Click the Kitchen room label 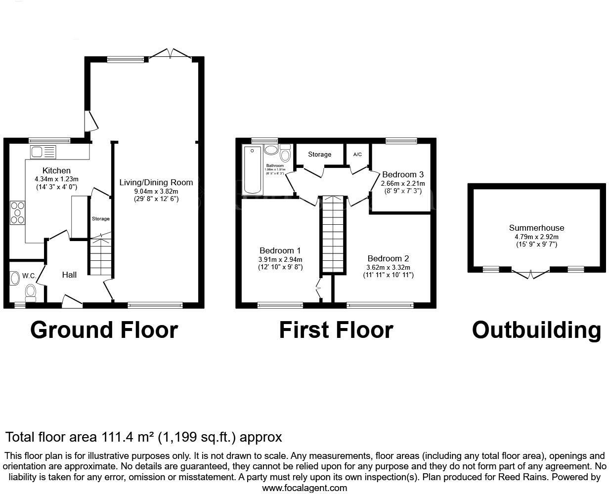click(x=56, y=170)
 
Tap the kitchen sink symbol click(x=43, y=152)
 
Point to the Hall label click(x=69, y=275)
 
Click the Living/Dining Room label click(x=156, y=182)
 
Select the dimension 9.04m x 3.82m click(x=156, y=191)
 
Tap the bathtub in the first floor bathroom click(x=253, y=170)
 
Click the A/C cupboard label click(x=357, y=155)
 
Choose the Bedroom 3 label click(x=403, y=174)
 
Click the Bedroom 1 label click(x=280, y=250)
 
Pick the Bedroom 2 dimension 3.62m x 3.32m click(x=388, y=267)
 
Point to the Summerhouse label click(x=536, y=228)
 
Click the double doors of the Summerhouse click(x=530, y=273)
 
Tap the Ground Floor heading click(x=104, y=330)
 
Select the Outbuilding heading click(x=536, y=330)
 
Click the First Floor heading click(x=336, y=330)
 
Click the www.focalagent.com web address click(x=304, y=488)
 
